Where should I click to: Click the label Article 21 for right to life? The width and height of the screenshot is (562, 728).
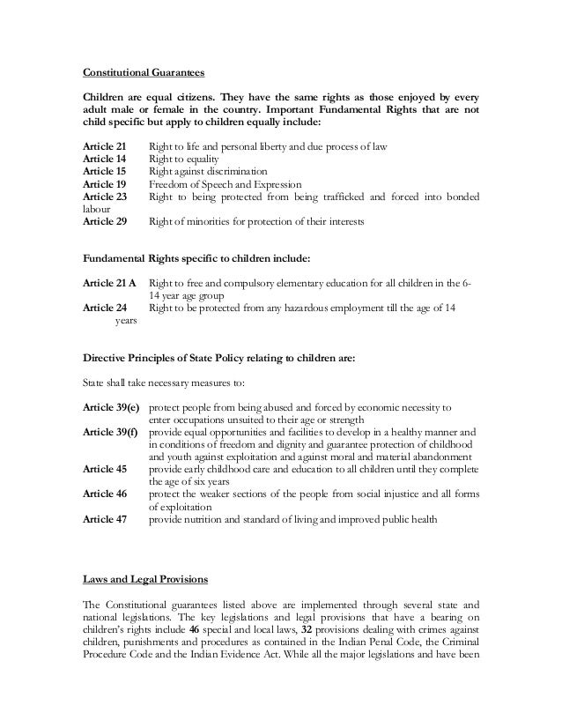click(x=104, y=144)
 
